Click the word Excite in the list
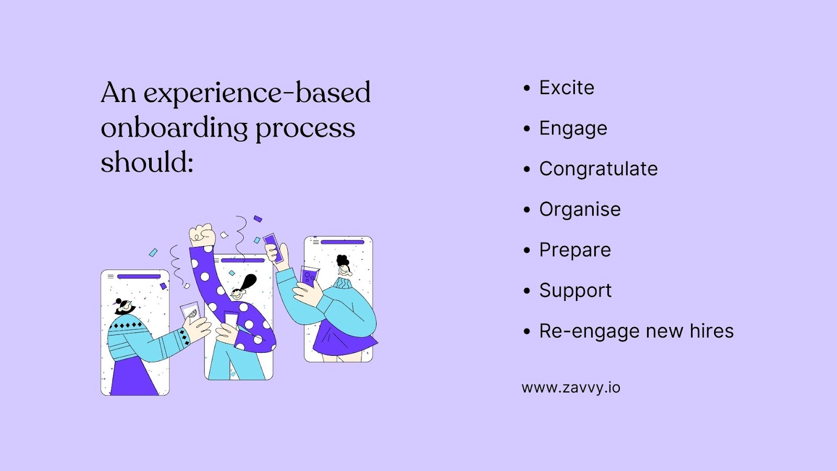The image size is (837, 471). click(x=567, y=88)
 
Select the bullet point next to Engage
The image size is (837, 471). click(x=527, y=129)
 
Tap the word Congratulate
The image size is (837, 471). click(x=598, y=169)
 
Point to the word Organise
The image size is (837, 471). click(x=580, y=209)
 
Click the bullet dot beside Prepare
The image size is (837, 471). click(x=527, y=250)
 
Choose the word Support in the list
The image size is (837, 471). click(x=575, y=290)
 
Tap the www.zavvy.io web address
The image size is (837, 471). click(x=571, y=388)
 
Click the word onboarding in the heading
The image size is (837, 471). click(x=174, y=128)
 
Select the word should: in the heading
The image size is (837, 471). click(x=147, y=162)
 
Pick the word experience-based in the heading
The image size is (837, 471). click(x=257, y=93)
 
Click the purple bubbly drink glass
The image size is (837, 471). click(x=309, y=276)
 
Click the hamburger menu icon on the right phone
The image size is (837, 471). click(x=315, y=242)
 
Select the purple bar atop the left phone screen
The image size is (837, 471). click(x=139, y=276)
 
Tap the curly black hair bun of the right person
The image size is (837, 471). click(x=343, y=260)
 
